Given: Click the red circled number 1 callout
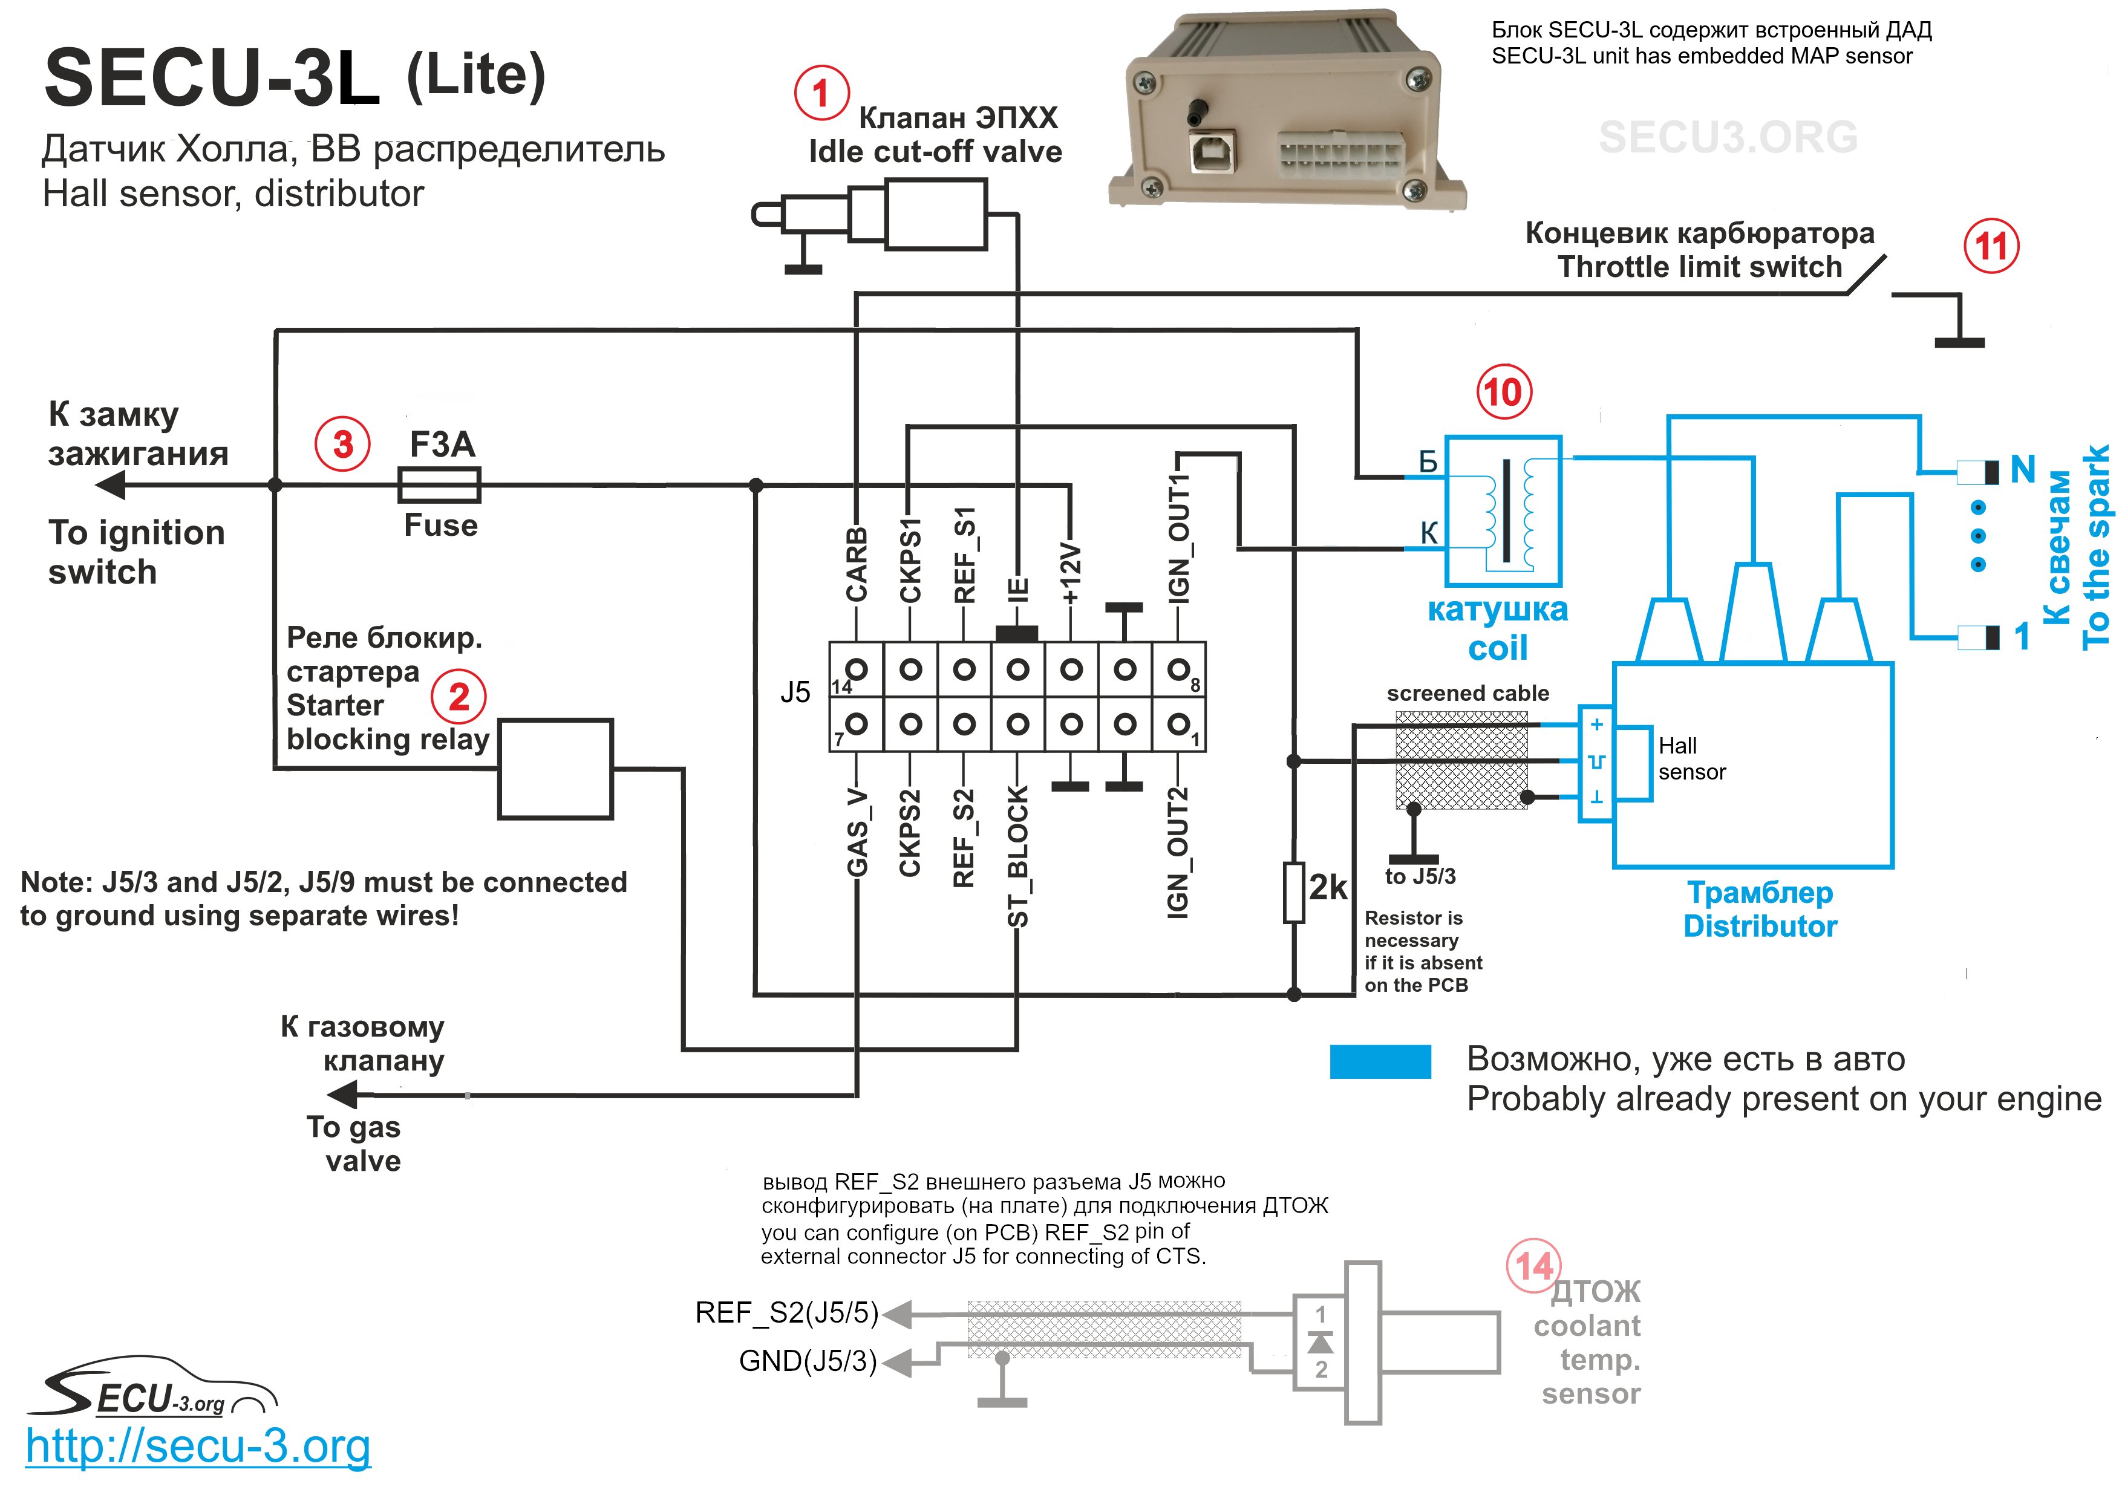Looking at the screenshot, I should coord(821,93).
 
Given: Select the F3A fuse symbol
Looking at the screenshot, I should coord(439,484).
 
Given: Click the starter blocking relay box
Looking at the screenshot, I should coord(555,769).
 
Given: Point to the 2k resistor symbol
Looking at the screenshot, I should coord(1294,893).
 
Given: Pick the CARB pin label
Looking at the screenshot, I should coord(857,564).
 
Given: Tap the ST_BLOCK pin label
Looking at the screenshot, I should coord(1017,856).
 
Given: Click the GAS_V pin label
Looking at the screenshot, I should coord(857,832).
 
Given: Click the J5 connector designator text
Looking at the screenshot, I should coord(795,692).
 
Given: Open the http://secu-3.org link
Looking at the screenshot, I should coord(198,1447).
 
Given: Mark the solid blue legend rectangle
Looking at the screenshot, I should coord(1380,1061).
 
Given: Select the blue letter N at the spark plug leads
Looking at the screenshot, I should coord(2022,469).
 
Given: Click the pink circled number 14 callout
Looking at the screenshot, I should coord(1533,1265).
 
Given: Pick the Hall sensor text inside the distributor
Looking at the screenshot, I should coord(1691,759).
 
